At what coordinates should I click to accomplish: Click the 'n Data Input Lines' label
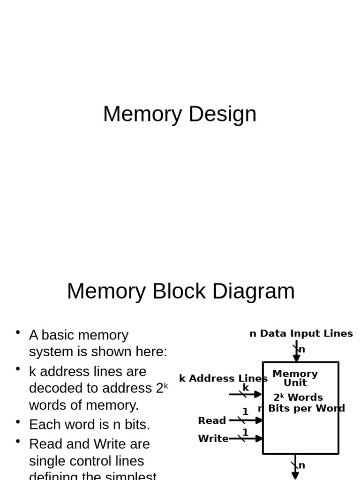point(301,334)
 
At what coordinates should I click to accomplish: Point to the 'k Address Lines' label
point(223,379)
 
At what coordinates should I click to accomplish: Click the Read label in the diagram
point(212,420)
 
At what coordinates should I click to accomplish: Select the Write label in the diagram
point(213,439)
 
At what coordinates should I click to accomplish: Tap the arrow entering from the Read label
point(246,420)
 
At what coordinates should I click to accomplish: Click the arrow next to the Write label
point(246,439)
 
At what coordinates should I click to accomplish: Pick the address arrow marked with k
point(245,394)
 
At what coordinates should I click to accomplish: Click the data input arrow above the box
point(296,352)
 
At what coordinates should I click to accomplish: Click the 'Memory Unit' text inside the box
point(295,378)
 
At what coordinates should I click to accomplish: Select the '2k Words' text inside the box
point(298,397)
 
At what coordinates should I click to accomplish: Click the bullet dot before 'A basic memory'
point(18,332)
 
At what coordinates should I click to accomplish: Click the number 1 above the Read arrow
point(245,412)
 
